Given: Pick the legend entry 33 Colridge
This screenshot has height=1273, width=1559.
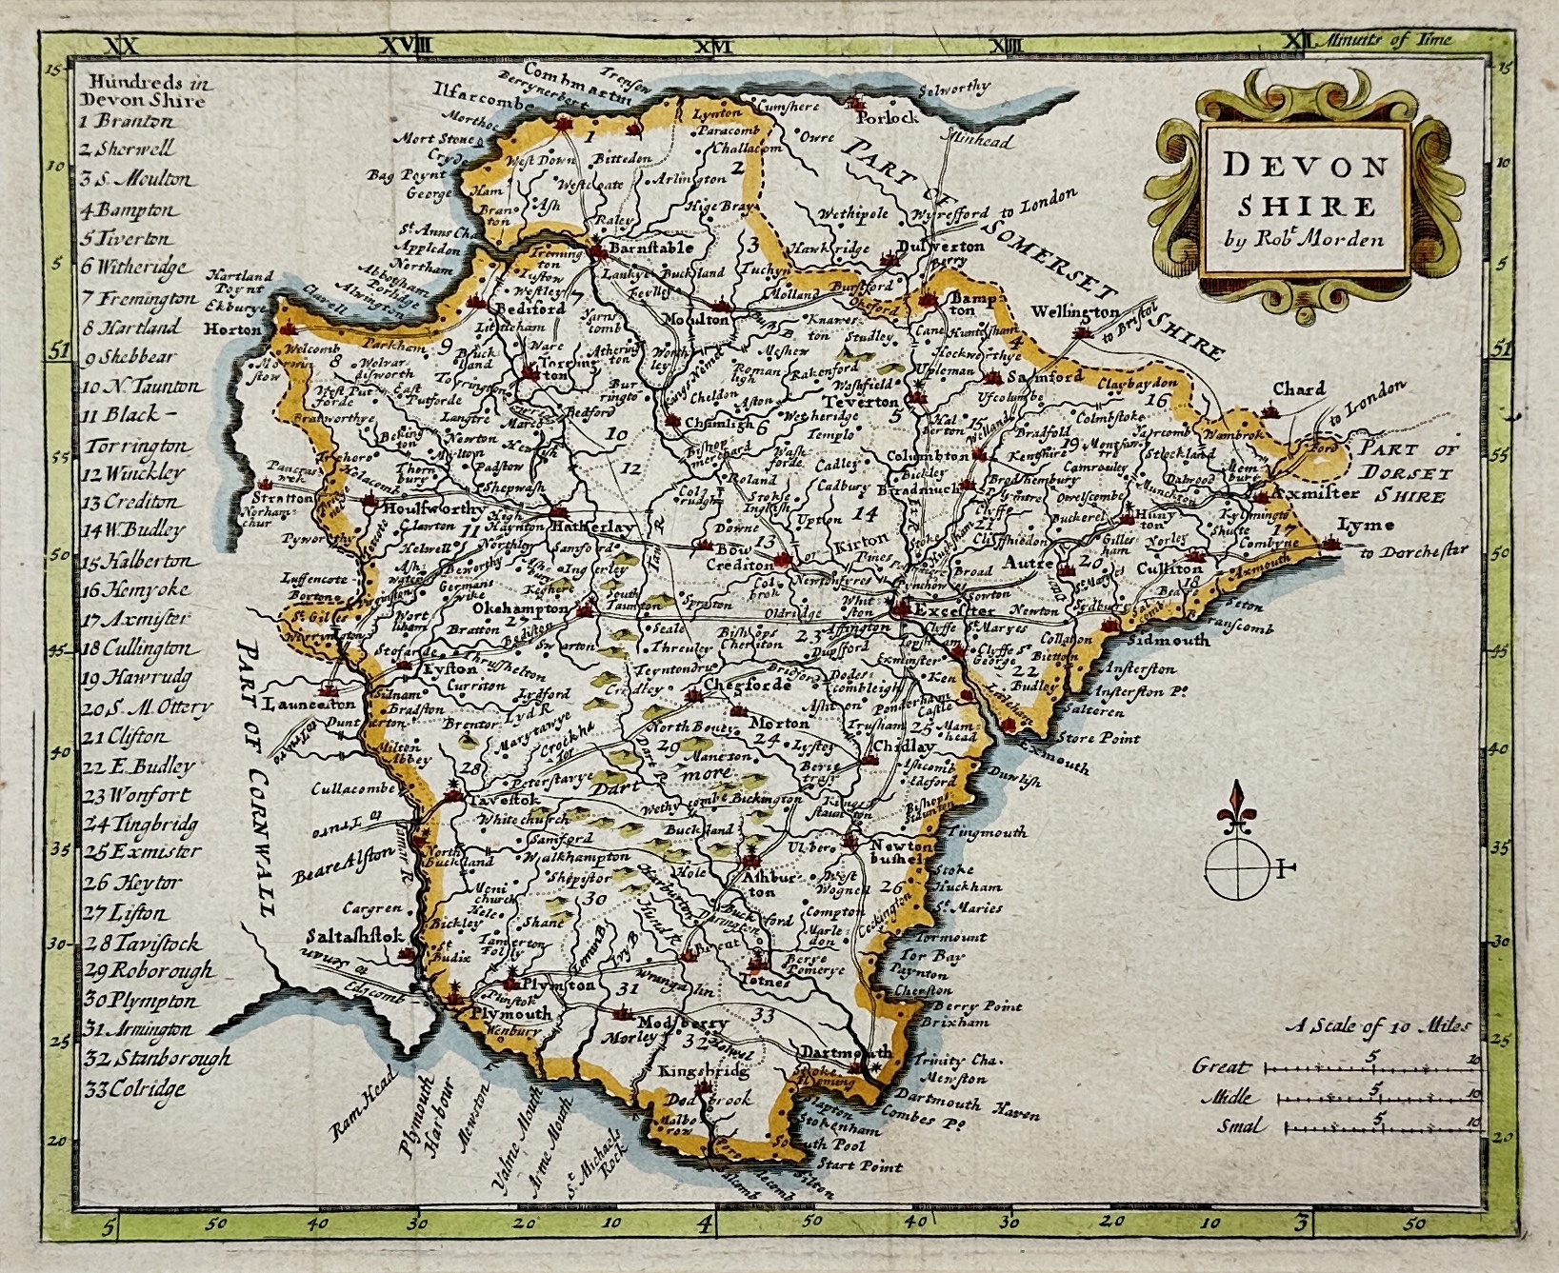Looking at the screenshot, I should [x=132, y=1088].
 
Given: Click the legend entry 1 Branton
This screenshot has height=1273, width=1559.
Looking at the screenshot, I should [x=127, y=122].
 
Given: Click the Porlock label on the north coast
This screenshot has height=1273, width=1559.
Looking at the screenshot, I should [x=888, y=118].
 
